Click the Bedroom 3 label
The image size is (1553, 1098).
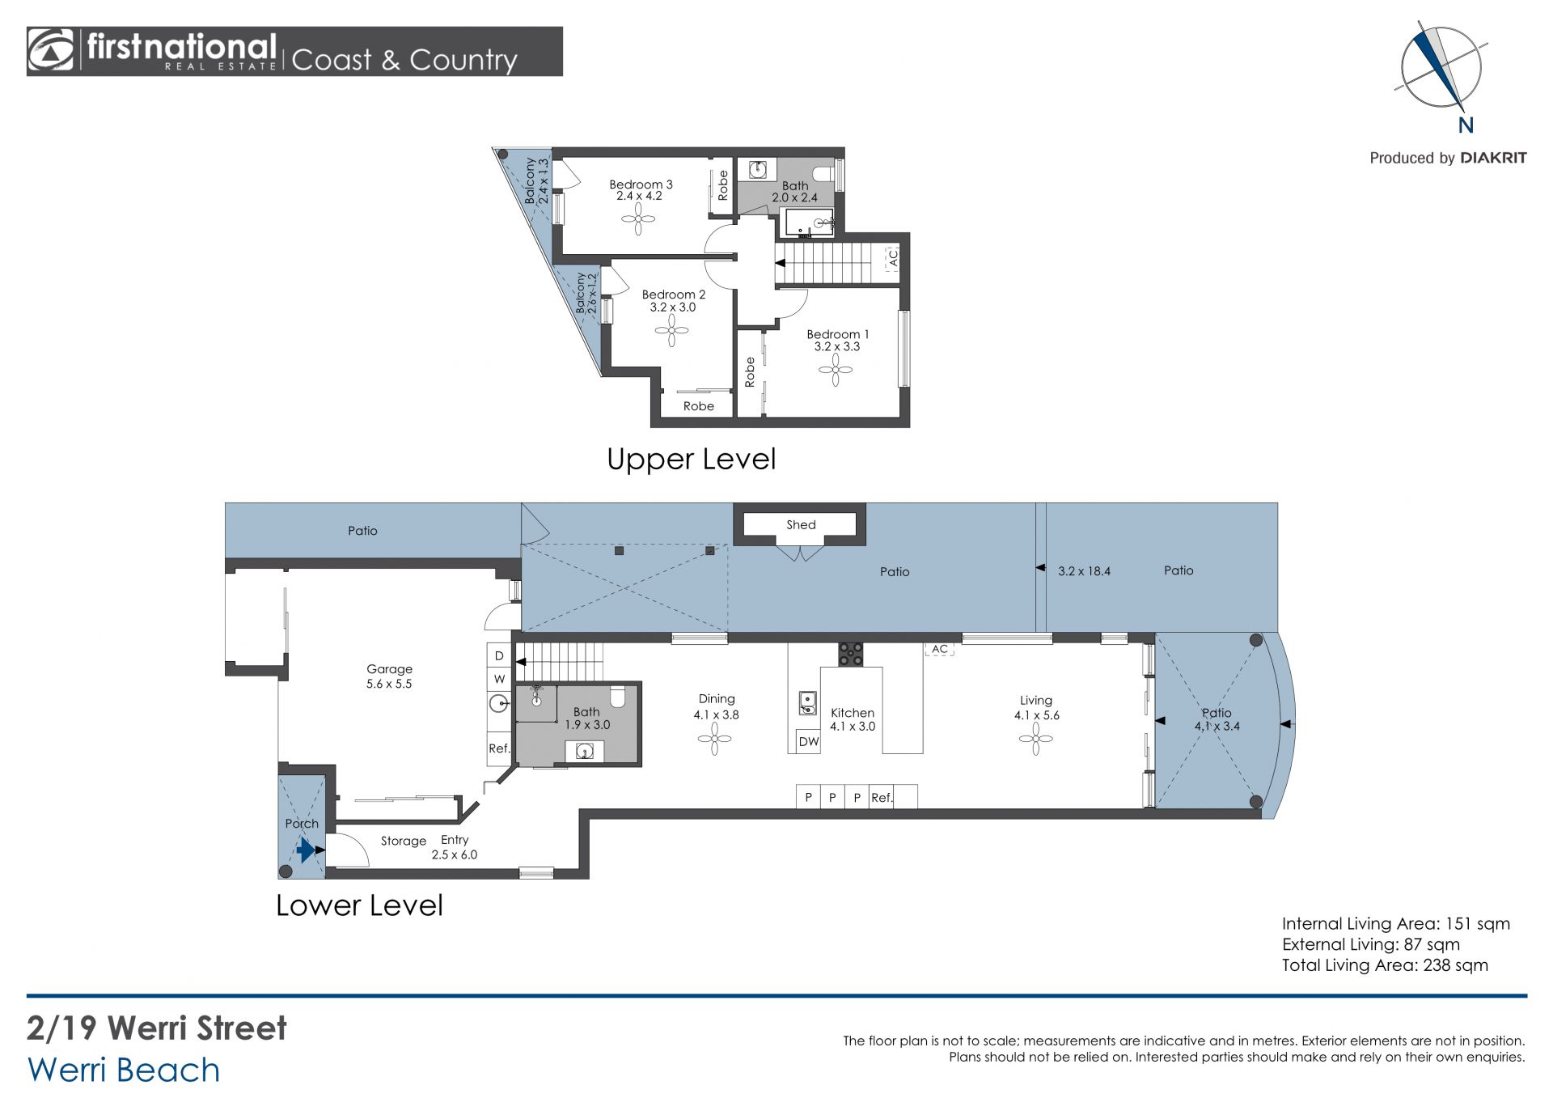point(641,184)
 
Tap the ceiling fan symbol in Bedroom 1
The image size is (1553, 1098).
point(836,371)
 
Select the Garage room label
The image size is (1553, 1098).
point(389,669)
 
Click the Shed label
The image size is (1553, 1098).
point(801,524)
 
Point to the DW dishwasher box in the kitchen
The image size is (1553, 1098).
point(808,741)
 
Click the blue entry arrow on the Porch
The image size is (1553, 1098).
point(305,850)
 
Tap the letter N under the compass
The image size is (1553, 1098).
point(1466,125)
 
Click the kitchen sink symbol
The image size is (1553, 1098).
point(806,703)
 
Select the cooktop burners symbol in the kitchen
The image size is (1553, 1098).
point(850,654)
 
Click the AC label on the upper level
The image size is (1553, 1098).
point(893,257)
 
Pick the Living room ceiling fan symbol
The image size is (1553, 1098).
point(1035,739)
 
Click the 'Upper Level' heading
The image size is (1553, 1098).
point(691,459)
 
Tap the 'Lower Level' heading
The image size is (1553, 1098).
point(359,905)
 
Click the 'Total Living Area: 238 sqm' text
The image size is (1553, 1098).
point(1385,965)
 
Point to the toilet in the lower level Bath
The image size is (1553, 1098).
point(617,696)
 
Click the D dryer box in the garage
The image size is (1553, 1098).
point(499,655)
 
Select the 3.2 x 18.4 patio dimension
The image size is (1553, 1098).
point(1084,571)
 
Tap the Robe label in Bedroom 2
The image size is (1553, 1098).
point(698,406)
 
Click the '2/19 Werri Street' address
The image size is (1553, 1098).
point(157,1028)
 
